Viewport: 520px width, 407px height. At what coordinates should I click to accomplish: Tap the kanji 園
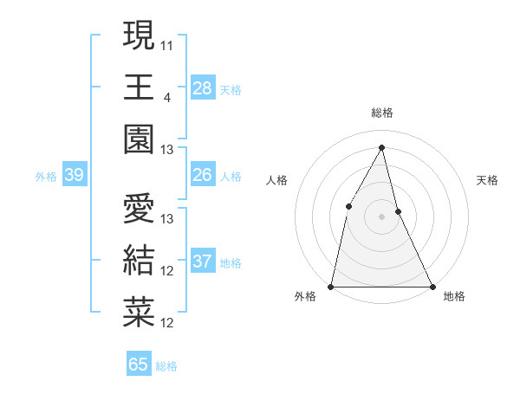(x=139, y=139)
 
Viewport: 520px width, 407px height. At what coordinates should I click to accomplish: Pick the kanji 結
(x=139, y=261)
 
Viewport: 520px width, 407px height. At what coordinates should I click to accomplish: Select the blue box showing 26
(x=202, y=175)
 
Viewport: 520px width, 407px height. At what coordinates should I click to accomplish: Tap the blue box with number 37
(x=202, y=262)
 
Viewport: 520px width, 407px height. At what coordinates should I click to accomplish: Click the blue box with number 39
(x=74, y=175)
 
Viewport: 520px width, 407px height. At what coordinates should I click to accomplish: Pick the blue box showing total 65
(x=139, y=365)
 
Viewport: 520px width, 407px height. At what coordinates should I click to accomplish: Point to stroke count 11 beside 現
(x=167, y=43)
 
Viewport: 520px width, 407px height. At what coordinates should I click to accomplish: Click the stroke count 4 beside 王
(x=166, y=96)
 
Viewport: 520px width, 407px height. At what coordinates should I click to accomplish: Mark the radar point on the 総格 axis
(x=381, y=146)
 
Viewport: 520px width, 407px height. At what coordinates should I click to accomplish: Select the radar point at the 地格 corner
(x=432, y=286)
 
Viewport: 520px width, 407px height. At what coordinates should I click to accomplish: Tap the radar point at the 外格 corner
(x=331, y=286)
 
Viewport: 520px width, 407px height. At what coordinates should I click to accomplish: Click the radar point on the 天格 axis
(x=398, y=211)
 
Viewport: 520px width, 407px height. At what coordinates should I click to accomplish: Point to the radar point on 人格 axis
(x=348, y=206)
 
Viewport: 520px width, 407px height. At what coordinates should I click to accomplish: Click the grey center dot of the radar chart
(x=381, y=216)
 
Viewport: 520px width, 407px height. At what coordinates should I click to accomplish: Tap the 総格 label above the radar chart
(x=381, y=113)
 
